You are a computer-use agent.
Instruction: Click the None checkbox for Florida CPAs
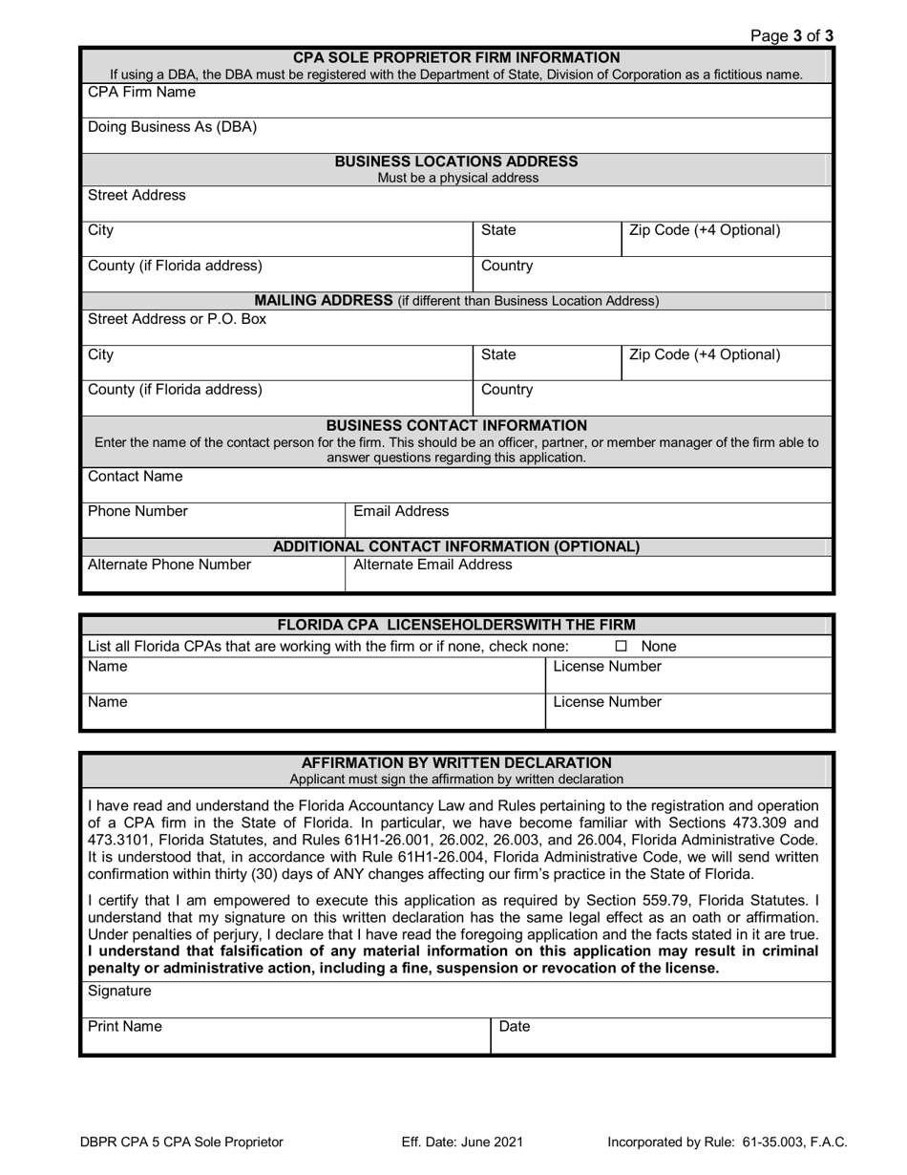point(621,647)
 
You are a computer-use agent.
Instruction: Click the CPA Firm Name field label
point(141,93)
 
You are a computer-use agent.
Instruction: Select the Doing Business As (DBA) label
point(172,127)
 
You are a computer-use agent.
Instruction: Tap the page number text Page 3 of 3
point(791,36)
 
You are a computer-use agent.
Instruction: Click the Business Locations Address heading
point(455,161)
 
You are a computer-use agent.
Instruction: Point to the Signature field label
point(119,992)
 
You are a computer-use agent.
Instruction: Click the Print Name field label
point(125,1027)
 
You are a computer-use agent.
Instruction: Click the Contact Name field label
point(135,477)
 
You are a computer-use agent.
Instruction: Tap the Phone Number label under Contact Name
point(137,512)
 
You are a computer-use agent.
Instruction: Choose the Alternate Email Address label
point(432,565)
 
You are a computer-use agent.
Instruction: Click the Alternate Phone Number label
point(169,565)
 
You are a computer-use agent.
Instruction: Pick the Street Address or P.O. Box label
point(177,319)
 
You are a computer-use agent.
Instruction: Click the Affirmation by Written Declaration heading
point(456,763)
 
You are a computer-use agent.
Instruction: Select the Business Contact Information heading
point(456,425)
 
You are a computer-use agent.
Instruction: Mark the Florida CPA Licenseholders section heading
point(456,626)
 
